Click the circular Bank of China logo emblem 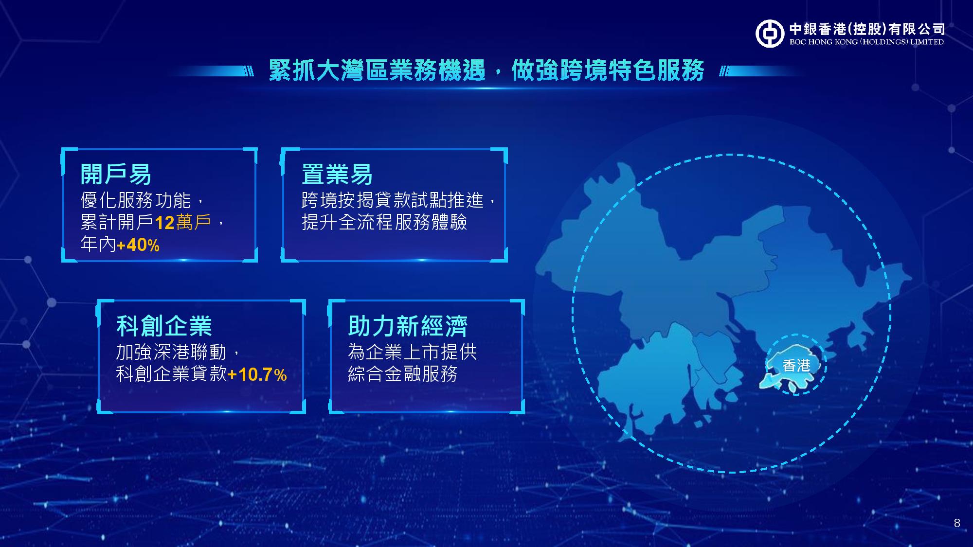coord(770,34)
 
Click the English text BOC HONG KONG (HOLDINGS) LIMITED coord(866,42)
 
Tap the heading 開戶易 coord(116,174)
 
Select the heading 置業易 coord(337,174)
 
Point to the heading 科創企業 coord(164,326)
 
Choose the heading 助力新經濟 coord(408,326)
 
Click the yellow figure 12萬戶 coord(183,222)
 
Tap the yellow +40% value coord(138,245)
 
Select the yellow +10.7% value coord(257,374)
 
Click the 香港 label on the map coord(796,365)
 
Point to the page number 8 coord(957,523)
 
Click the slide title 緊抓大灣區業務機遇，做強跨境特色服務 coord(486,70)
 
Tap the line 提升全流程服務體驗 coord(384,222)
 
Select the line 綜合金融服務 coord(403,374)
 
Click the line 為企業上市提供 coord(412,352)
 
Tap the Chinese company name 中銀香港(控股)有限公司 coord(867,29)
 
